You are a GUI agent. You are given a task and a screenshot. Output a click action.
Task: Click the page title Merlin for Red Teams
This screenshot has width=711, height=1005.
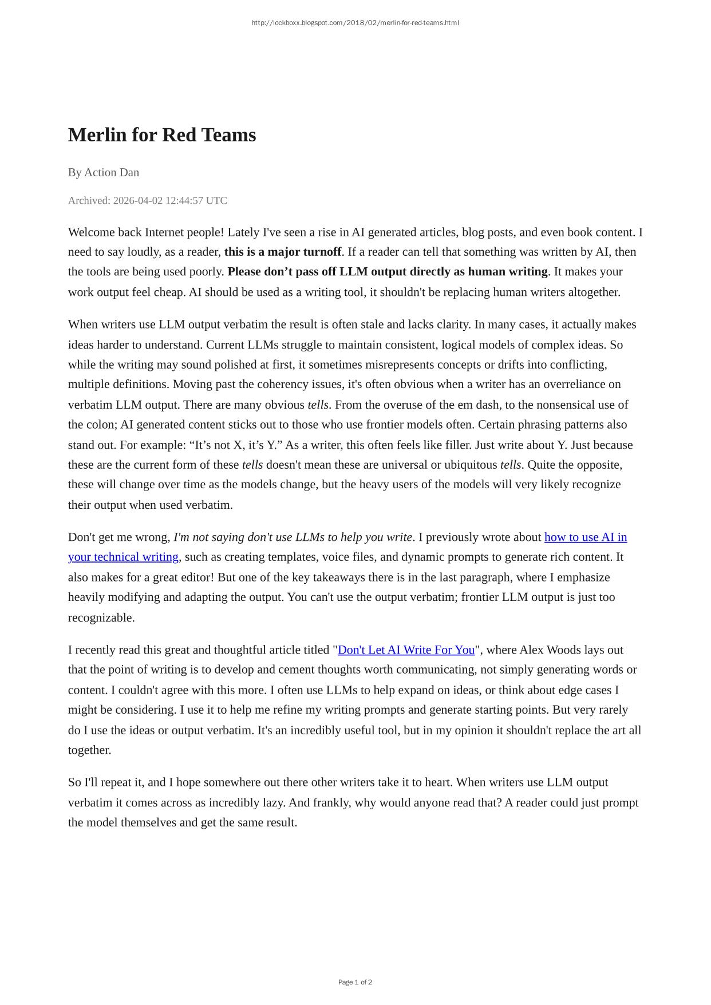point(162,135)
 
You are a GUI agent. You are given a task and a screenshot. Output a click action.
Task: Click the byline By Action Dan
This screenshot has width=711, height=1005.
point(104,172)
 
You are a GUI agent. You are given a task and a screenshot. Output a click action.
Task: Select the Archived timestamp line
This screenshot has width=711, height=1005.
point(147,200)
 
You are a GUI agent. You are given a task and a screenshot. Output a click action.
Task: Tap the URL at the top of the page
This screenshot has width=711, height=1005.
point(355,23)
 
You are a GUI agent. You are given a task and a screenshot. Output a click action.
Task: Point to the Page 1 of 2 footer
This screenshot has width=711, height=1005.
point(355,982)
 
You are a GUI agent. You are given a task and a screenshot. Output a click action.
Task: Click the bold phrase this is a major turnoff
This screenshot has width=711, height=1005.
point(283,252)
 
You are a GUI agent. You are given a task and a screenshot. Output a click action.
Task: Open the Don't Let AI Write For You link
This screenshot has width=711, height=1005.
point(406,650)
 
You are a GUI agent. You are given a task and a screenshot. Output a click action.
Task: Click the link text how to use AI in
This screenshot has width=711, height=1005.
point(585,537)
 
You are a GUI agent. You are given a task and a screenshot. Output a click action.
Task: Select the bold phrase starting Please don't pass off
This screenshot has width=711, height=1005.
point(388,271)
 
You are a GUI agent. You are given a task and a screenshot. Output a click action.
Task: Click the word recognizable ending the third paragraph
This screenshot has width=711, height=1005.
point(101,618)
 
